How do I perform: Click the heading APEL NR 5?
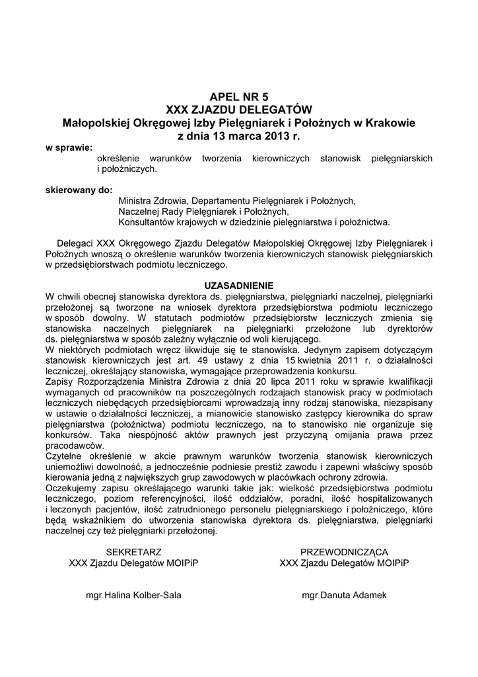coord(239,96)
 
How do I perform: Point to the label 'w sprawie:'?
coord(69,147)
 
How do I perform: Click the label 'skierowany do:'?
coord(79,190)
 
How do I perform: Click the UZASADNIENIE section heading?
coord(238,286)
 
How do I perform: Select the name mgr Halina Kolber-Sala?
coord(133,595)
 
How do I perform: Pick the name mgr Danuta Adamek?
coord(344,595)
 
